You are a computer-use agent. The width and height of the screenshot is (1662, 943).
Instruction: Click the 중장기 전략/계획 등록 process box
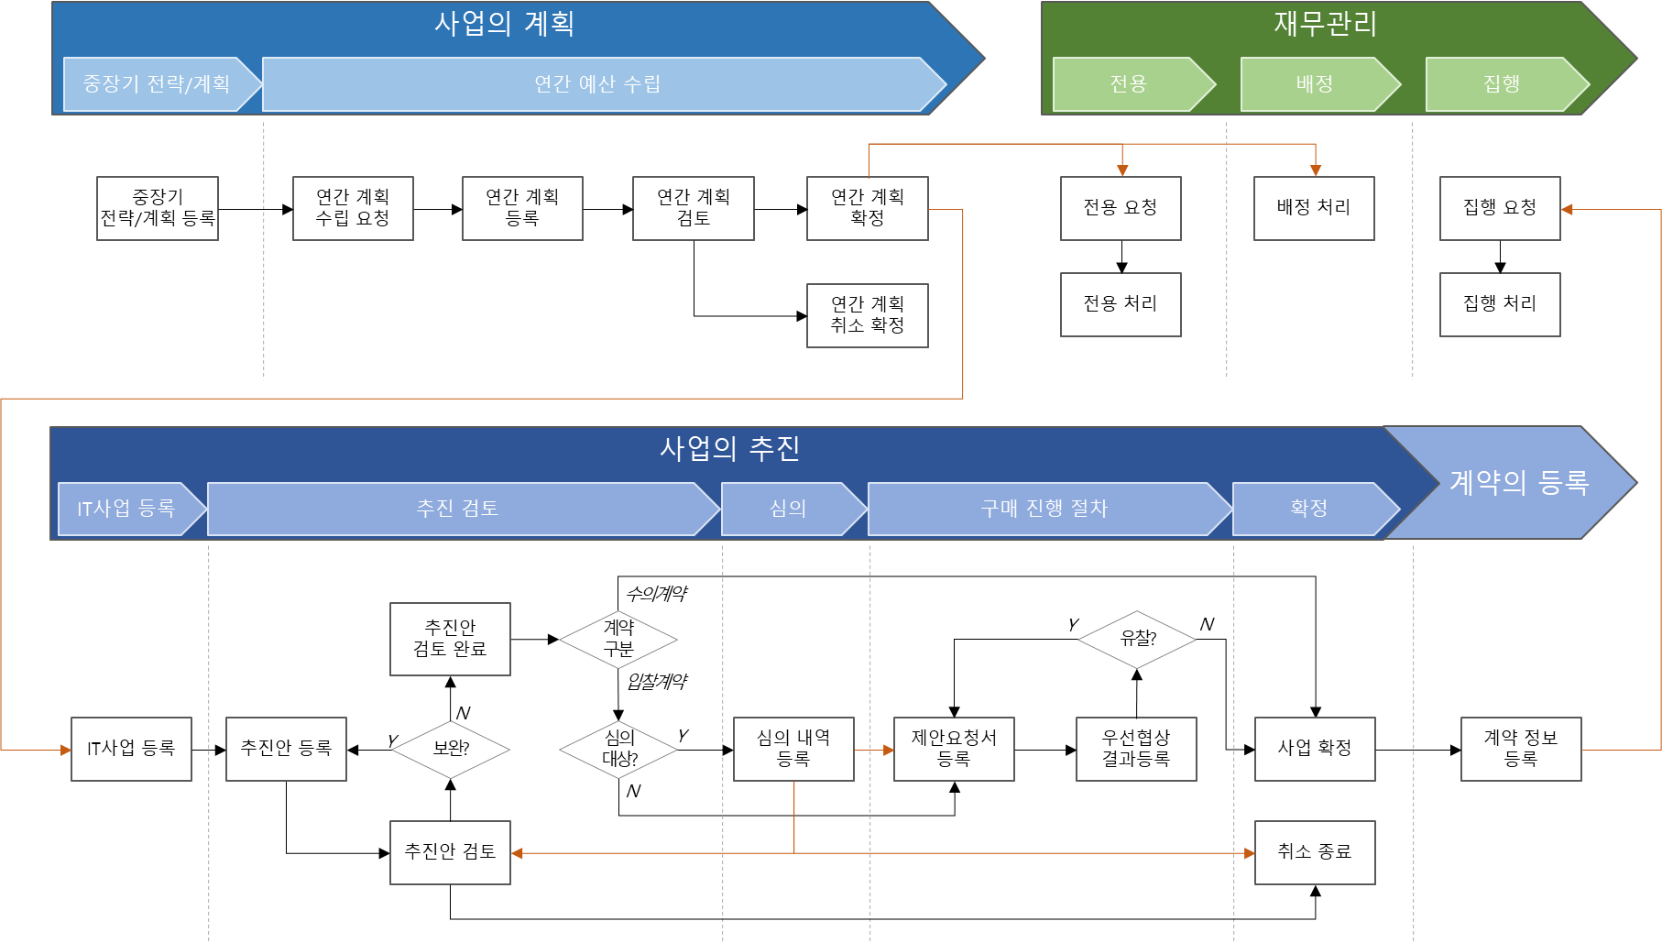[x=158, y=209]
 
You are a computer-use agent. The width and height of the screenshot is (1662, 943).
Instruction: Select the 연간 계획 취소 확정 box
[x=867, y=315]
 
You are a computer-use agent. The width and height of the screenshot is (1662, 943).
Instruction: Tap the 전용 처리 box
[x=1121, y=304]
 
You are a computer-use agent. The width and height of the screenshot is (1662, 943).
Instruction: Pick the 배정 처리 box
[x=1314, y=209]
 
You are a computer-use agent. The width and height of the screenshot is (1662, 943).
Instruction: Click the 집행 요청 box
[x=1500, y=209]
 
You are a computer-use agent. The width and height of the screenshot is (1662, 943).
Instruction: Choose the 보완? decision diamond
[x=451, y=749]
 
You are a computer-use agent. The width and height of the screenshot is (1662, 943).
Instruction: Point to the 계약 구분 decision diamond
[x=618, y=639]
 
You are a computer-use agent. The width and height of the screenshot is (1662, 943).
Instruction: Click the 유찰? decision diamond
[x=1138, y=639]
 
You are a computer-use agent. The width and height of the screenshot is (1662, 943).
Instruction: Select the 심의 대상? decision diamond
[x=619, y=749]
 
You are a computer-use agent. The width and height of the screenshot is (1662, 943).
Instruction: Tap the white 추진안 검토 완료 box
[x=450, y=639]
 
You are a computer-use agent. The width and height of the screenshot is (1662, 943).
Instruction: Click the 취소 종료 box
[x=1315, y=852]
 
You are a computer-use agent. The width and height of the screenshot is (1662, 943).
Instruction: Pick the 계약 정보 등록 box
[x=1521, y=749]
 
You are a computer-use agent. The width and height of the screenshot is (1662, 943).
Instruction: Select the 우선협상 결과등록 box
[x=1136, y=749]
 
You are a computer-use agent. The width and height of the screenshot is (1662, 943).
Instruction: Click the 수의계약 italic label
[x=656, y=594]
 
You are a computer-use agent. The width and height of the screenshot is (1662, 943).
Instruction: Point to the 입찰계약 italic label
[x=656, y=682]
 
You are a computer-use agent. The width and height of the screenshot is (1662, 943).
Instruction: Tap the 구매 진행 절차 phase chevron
[x=1044, y=509]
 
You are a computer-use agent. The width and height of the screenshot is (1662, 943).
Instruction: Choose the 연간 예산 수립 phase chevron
[x=597, y=84]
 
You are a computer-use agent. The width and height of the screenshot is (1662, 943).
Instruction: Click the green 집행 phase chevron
[x=1502, y=84]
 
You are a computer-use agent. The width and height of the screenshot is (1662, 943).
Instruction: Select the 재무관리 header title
[x=1325, y=24]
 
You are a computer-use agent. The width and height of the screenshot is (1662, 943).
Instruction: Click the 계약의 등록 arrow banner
[x=1518, y=482]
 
